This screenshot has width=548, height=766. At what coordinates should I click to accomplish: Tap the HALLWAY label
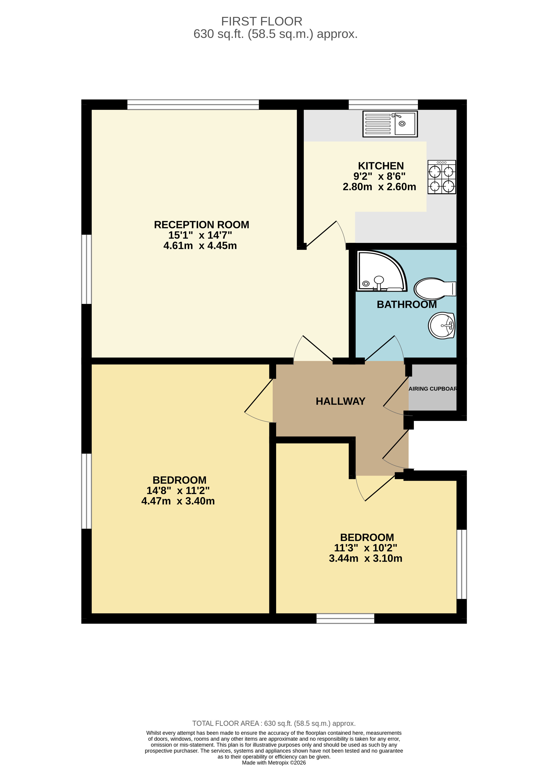tap(340, 401)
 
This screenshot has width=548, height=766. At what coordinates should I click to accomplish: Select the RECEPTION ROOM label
tap(201, 225)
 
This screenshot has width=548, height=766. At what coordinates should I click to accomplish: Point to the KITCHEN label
tap(381, 166)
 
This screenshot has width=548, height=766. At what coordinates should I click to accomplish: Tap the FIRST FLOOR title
tap(262, 22)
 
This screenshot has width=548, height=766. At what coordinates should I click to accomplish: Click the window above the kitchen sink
tap(383, 104)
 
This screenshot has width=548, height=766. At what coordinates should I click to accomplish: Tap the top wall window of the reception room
tap(193, 104)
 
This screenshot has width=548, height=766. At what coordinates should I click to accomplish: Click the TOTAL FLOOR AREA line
tap(274, 723)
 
